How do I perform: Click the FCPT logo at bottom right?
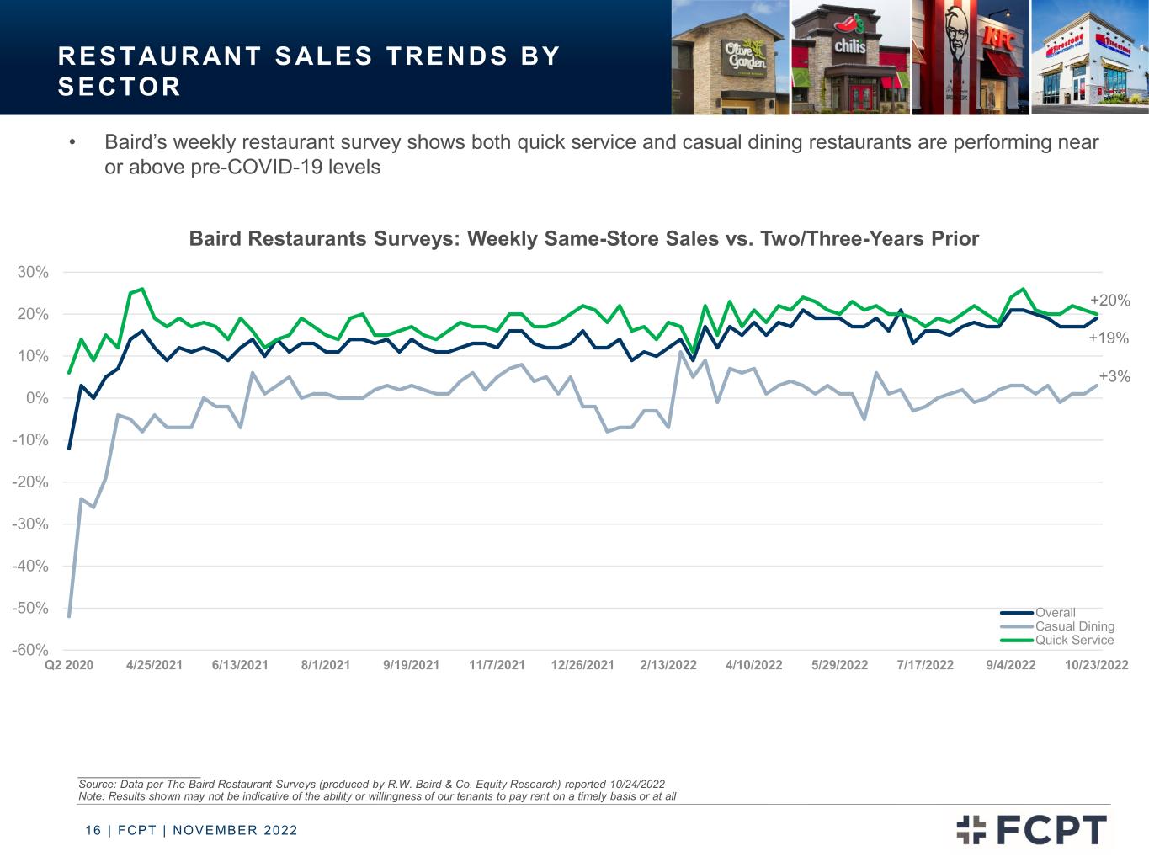tap(1031, 830)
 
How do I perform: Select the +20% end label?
tap(1109, 301)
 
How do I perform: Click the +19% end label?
tap(1108, 338)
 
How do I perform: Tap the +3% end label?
tap(1114, 376)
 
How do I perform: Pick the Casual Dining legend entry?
tap(1057, 626)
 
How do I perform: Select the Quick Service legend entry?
tap(1057, 640)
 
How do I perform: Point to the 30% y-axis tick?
tap(33, 272)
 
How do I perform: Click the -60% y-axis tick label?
tap(29, 650)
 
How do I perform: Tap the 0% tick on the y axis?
tap(37, 398)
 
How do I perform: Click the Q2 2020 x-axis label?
tap(69, 665)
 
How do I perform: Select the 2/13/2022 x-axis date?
tap(668, 665)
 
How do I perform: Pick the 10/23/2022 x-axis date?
tap(1097, 665)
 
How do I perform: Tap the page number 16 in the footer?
tap(93, 830)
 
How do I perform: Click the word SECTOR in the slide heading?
tap(120, 87)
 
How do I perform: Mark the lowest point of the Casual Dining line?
tap(69, 616)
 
